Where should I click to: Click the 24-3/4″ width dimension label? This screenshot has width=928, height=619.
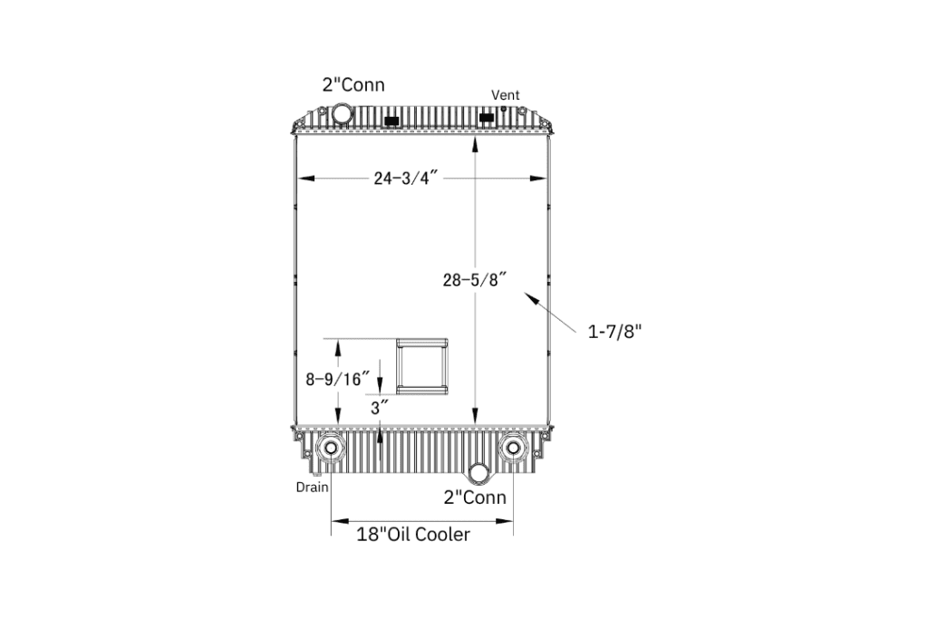pyautogui.click(x=406, y=178)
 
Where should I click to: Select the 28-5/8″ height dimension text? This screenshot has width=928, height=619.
pyautogui.click(x=475, y=279)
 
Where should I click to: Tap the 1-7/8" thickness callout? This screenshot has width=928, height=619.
pyautogui.click(x=614, y=332)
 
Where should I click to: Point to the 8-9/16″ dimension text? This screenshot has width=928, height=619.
pyautogui.click(x=337, y=379)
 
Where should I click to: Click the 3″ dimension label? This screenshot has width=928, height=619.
pyautogui.click(x=380, y=407)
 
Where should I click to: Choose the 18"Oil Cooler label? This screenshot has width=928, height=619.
pyautogui.click(x=413, y=535)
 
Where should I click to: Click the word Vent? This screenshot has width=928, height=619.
pyautogui.click(x=506, y=94)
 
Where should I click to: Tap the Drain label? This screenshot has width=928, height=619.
pyautogui.click(x=312, y=487)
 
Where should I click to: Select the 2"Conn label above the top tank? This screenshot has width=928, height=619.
pyautogui.click(x=353, y=84)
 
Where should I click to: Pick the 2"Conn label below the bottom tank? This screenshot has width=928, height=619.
pyautogui.click(x=475, y=497)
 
